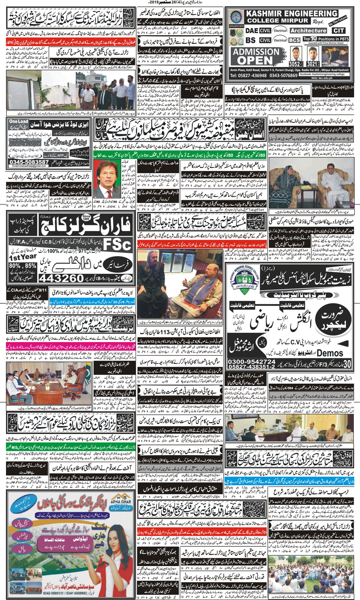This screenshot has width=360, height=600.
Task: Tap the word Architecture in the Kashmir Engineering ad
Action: pyautogui.click(x=308, y=31)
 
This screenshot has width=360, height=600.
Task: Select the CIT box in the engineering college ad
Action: pyautogui.click(x=339, y=31)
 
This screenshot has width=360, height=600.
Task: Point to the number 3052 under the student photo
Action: pyautogui.click(x=295, y=64)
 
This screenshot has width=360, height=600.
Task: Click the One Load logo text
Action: pyautogui.click(x=19, y=121)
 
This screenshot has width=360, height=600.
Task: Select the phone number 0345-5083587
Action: pyautogui.click(x=29, y=162)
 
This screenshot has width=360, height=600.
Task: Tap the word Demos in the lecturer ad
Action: pyautogui.click(x=330, y=353)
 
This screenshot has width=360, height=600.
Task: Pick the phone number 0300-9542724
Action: pyautogui.click(x=252, y=361)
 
